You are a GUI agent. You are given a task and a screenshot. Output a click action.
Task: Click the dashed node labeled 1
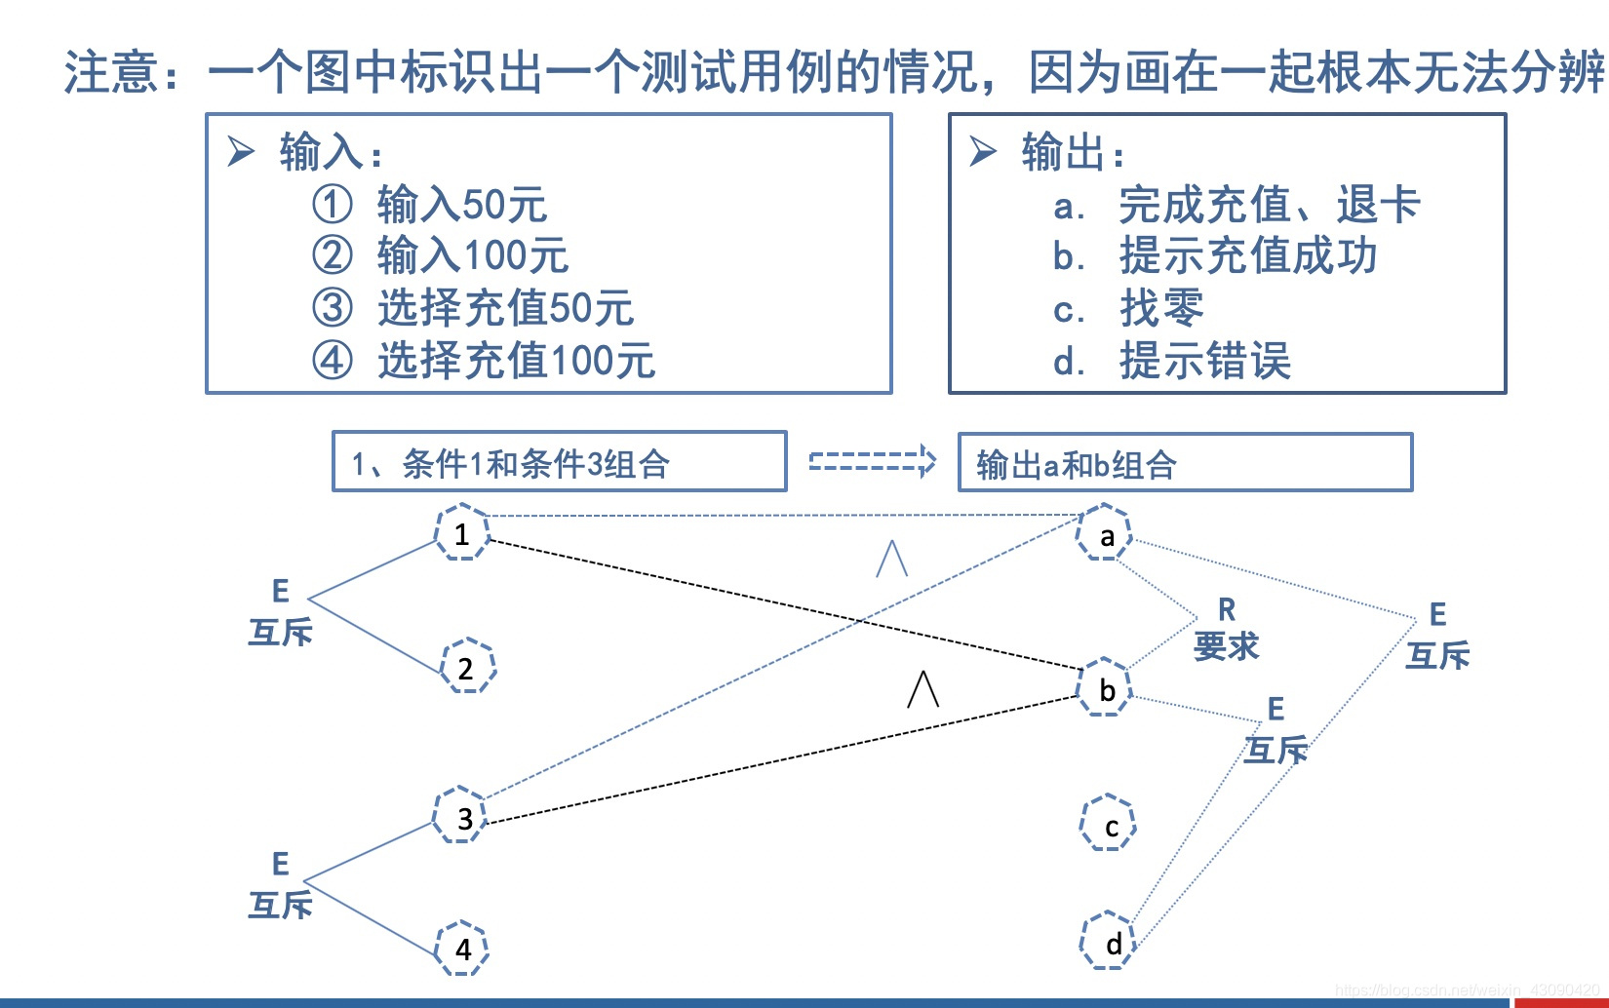(x=461, y=532)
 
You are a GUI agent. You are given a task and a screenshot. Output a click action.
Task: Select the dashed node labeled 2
(x=468, y=667)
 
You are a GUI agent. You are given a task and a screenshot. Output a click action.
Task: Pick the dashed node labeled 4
(x=461, y=948)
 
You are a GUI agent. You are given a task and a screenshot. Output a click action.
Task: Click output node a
(x=1104, y=533)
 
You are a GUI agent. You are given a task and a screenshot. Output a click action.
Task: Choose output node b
(x=1104, y=688)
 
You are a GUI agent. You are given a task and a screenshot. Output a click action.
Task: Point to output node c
(x=1109, y=824)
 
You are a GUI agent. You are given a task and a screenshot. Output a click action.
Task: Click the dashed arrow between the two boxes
(x=872, y=460)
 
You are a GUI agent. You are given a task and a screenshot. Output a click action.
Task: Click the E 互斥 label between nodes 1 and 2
(x=281, y=612)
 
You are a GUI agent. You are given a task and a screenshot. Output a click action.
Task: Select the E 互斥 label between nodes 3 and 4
(x=281, y=885)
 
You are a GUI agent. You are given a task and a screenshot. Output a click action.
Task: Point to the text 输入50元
(x=461, y=205)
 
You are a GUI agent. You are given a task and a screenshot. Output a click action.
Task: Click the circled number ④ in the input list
(x=332, y=361)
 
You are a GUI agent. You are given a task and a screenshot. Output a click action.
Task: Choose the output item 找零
(x=1160, y=309)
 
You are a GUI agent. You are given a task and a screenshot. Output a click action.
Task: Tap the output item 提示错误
(x=1205, y=361)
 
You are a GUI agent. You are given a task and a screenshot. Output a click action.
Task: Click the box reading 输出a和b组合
(x=1185, y=462)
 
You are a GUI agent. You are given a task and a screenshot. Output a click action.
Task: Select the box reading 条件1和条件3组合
(x=559, y=462)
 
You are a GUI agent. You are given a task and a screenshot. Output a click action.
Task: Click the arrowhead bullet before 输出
(x=983, y=151)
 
